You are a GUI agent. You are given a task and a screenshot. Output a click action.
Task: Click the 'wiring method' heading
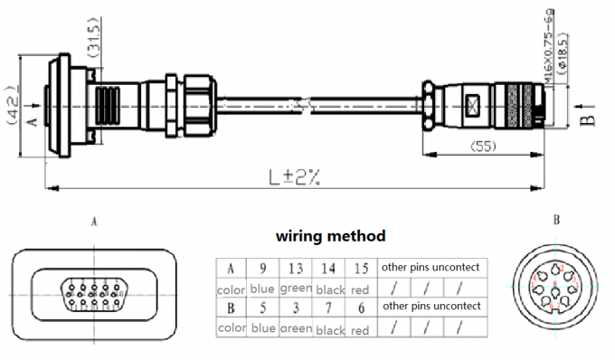coord(330,236)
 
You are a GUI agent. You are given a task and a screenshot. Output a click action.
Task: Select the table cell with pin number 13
coord(295,268)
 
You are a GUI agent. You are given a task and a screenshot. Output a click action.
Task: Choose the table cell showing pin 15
coord(360,268)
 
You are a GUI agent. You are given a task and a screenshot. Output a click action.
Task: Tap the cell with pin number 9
coord(263,268)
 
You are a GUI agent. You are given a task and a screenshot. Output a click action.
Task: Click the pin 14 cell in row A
coord(326,268)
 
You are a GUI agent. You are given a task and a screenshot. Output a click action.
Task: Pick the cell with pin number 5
coord(263,308)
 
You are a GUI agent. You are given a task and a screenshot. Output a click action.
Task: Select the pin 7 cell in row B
coord(326,308)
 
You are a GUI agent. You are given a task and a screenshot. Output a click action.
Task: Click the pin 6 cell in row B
coord(360,308)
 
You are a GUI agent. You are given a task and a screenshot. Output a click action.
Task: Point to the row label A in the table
coord(230,268)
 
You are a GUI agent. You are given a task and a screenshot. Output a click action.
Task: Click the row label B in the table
coord(230,308)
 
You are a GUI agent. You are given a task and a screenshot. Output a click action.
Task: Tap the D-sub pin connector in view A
coord(93,295)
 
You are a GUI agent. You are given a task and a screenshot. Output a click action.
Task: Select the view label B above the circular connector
coord(556,220)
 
